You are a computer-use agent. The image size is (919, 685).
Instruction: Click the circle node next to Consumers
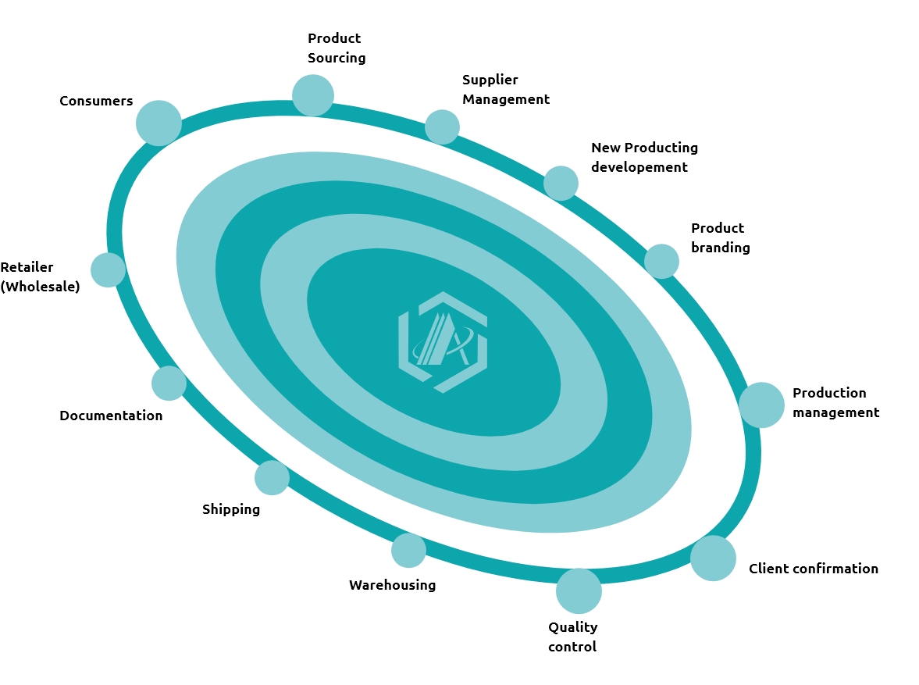click(159, 123)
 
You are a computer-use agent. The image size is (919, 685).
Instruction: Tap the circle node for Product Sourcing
click(313, 95)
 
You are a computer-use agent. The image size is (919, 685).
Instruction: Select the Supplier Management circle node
click(442, 127)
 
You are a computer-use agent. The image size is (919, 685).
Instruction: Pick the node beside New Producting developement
click(561, 183)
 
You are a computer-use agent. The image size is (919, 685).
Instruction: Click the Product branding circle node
click(661, 261)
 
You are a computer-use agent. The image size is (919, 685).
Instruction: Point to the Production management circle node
click(761, 405)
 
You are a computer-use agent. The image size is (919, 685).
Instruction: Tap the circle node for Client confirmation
click(713, 558)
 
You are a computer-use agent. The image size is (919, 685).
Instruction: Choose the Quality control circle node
click(579, 590)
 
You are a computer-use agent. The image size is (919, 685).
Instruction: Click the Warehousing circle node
click(408, 550)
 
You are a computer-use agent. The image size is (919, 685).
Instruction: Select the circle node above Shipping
click(272, 477)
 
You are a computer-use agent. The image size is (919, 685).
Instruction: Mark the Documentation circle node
click(169, 383)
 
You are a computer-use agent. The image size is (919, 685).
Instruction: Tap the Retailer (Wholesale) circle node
click(108, 269)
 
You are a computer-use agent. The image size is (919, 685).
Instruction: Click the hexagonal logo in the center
click(443, 341)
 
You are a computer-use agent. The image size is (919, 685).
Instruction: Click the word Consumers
click(96, 101)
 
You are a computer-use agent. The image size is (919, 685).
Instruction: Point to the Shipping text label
click(231, 509)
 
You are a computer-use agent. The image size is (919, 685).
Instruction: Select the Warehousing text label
click(392, 585)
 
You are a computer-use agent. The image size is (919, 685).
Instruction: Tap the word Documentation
click(111, 416)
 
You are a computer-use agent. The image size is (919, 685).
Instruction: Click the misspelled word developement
click(639, 167)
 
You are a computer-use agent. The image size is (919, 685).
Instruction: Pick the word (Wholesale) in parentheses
click(40, 287)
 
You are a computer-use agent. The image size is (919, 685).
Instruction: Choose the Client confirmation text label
click(813, 569)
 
